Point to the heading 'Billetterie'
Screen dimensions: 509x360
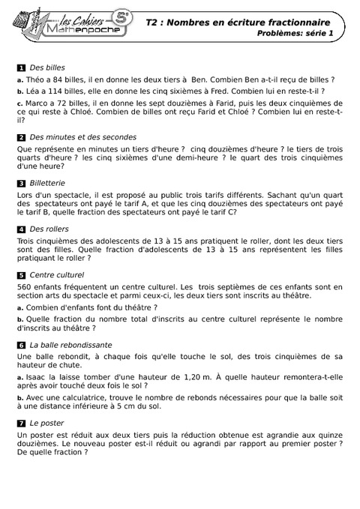(47, 182)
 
